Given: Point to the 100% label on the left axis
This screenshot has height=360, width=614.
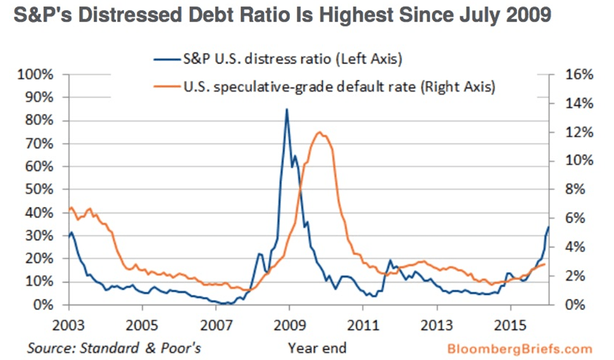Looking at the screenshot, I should click(41, 75).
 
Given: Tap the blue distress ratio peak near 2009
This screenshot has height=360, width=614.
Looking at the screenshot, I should click(287, 109).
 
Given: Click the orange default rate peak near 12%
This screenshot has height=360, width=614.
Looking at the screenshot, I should click(319, 132).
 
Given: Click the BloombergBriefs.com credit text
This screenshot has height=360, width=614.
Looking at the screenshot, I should click(520, 348).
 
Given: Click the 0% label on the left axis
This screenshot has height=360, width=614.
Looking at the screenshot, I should click(46, 305).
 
